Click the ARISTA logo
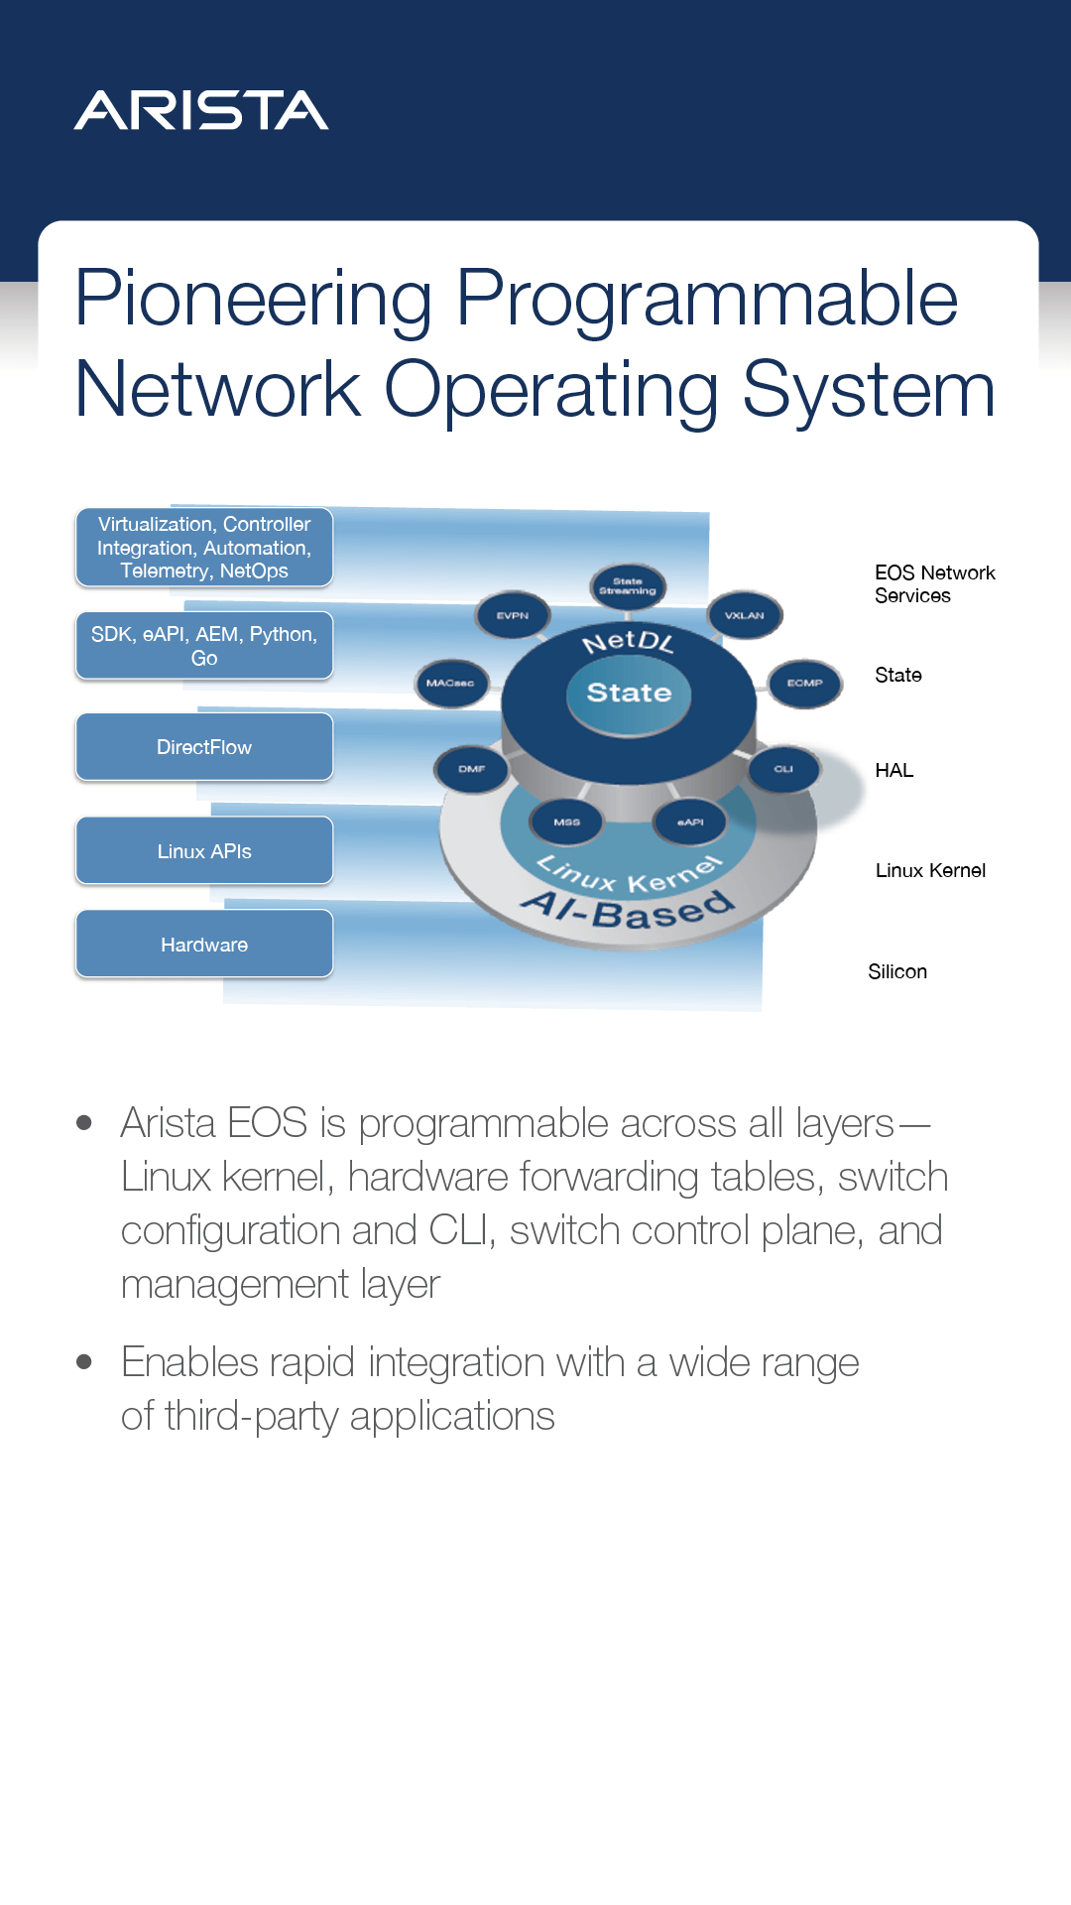(x=201, y=110)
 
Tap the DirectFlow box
(x=204, y=747)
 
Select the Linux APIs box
(x=204, y=851)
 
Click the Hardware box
(x=204, y=945)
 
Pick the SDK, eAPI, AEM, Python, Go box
(x=204, y=646)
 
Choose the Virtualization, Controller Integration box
(x=204, y=548)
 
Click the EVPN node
(x=512, y=615)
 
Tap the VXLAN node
(x=745, y=615)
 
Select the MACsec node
(x=451, y=683)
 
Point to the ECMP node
(x=804, y=683)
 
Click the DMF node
(x=472, y=769)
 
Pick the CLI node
(x=783, y=769)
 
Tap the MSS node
(x=567, y=822)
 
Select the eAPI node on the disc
(x=690, y=822)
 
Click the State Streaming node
(x=628, y=586)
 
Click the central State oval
(x=629, y=693)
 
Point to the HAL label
(x=894, y=771)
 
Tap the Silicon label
(x=897, y=972)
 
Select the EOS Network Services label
(x=934, y=584)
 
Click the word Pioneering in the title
(x=254, y=299)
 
